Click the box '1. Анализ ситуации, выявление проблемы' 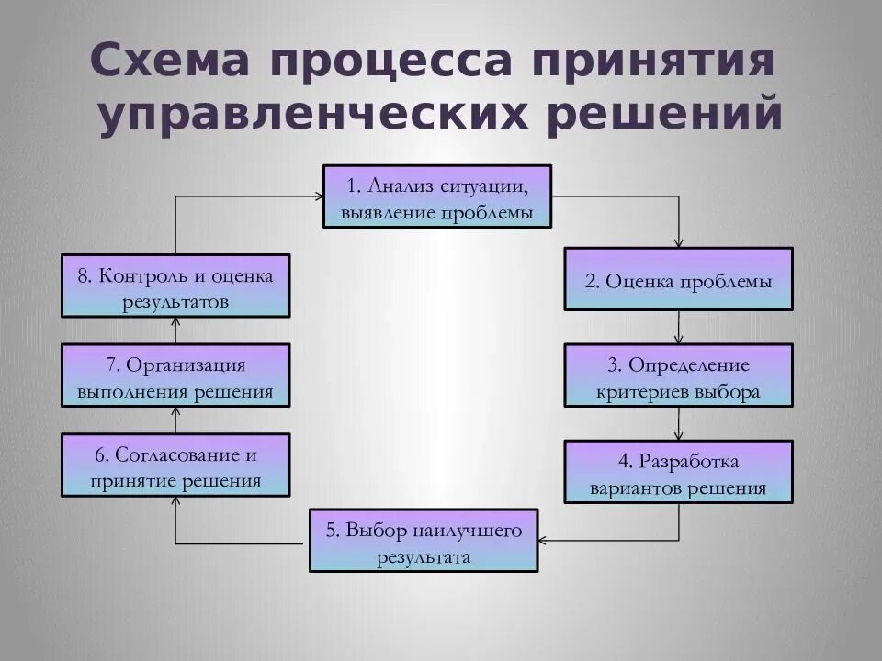pyautogui.click(x=437, y=196)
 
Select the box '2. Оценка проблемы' pyautogui.click(x=678, y=280)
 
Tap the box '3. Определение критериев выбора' pyautogui.click(x=678, y=376)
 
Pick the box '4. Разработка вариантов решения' pyautogui.click(x=678, y=473)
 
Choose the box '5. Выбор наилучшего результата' pyautogui.click(x=424, y=542)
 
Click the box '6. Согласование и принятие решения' pyautogui.click(x=175, y=465)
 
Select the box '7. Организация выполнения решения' pyautogui.click(x=175, y=376)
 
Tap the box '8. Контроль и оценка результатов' pyautogui.click(x=175, y=286)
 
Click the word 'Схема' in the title pyautogui.click(x=170, y=62)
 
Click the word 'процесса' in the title pyautogui.click(x=393, y=62)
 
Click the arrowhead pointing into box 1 pyautogui.click(x=318, y=196)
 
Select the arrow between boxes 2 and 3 pyautogui.click(x=679, y=328)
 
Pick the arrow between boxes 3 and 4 pyautogui.click(x=679, y=424)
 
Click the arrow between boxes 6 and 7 pyautogui.click(x=175, y=420)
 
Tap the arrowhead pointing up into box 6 pyautogui.click(x=175, y=502)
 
